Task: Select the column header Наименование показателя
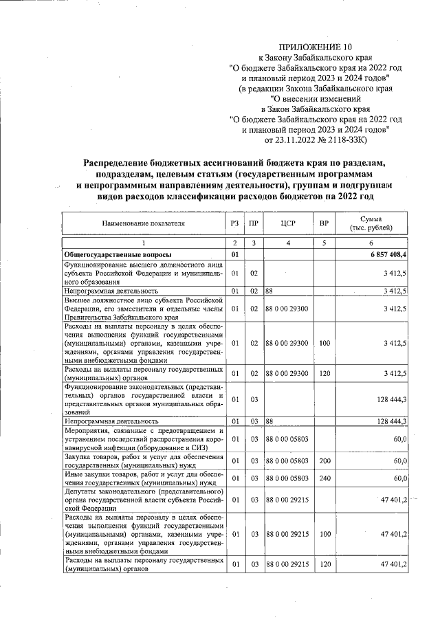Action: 144,223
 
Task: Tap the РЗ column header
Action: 234,223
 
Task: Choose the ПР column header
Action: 254,223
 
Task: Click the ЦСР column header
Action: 288,223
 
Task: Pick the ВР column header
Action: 324,223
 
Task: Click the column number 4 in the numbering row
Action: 288,243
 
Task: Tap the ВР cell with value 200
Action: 324,458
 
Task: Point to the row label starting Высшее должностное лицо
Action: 144,309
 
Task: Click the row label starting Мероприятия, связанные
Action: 144,438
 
